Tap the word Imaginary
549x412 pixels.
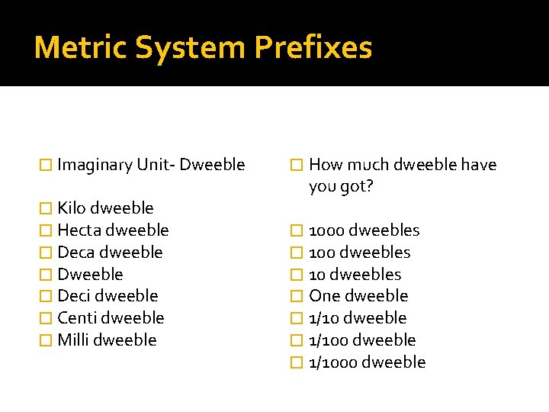tap(95, 165)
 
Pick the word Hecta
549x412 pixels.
tap(79, 230)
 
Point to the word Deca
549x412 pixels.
tap(76, 253)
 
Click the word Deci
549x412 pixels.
tap(75, 296)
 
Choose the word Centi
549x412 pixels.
tap(77, 318)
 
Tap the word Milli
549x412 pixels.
tap(74, 340)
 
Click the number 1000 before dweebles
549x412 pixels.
tap(326, 230)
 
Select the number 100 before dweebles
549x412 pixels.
tap(322, 253)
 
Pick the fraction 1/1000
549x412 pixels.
tap(332, 362)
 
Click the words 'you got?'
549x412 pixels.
tap(341, 186)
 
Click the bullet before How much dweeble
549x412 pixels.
tap(298, 165)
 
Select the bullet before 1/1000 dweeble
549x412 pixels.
tap(298, 362)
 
